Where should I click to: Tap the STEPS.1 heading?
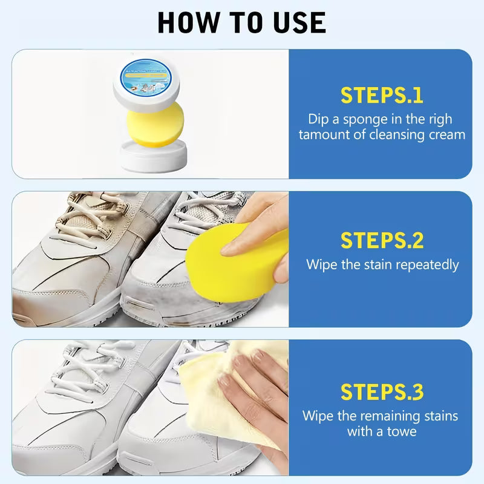381,96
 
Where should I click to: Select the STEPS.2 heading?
381,240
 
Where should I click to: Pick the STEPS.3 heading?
381,391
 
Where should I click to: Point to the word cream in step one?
445,134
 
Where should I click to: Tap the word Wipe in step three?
318,416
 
